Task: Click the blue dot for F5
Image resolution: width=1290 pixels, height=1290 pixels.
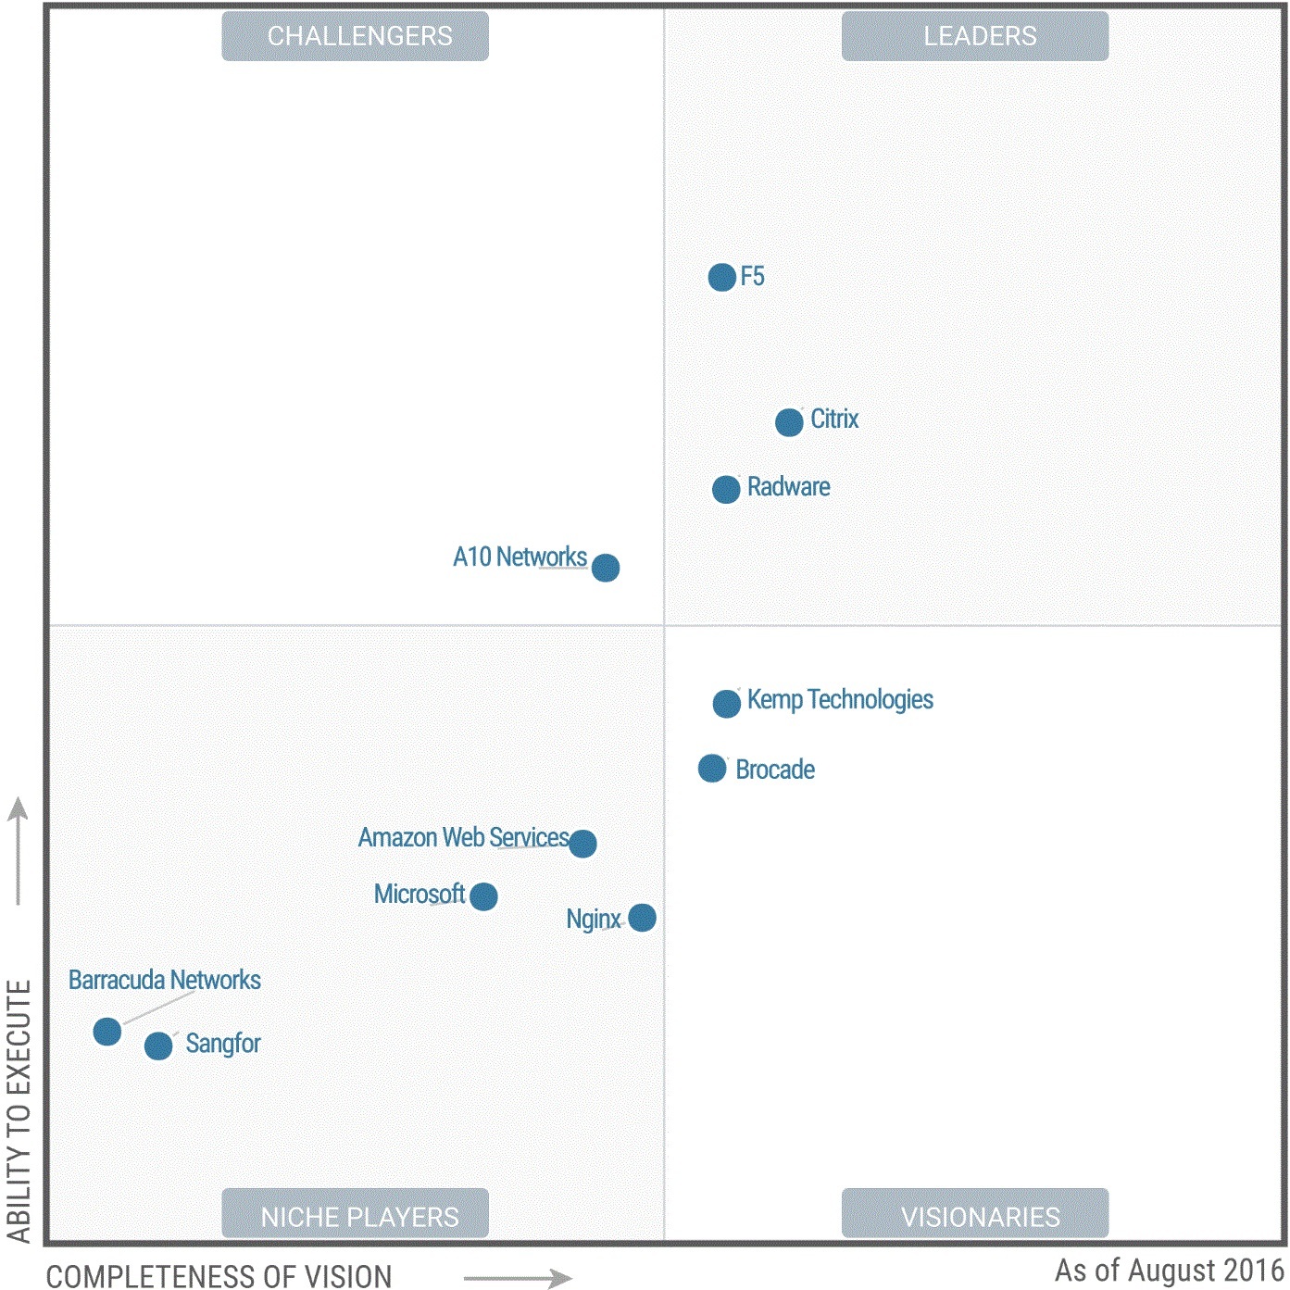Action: tap(721, 277)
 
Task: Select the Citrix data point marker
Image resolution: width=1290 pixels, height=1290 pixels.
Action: tap(789, 422)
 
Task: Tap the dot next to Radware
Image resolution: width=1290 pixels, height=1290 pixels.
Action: tap(726, 489)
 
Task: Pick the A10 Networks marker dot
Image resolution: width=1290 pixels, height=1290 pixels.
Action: tap(606, 567)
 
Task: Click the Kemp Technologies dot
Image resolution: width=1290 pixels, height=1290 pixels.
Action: tap(727, 704)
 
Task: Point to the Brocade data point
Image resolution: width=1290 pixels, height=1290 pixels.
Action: tap(712, 769)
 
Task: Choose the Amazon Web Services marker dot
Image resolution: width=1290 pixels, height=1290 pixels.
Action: tap(582, 844)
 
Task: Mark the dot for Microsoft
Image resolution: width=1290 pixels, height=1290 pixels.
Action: tap(483, 896)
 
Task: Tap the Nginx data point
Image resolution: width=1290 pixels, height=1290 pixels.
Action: tap(642, 918)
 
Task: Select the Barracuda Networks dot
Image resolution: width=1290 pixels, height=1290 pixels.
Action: tap(107, 1032)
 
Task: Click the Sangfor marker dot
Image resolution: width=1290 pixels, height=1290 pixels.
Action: tap(158, 1046)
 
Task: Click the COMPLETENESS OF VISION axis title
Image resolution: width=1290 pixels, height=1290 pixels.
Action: tap(219, 1276)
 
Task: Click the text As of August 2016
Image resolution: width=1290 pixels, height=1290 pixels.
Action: tap(1169, 1270)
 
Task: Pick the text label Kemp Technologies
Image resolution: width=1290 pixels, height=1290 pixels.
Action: tap(840, 700)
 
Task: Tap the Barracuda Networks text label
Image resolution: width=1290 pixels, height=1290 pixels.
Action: tap(165, 980)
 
